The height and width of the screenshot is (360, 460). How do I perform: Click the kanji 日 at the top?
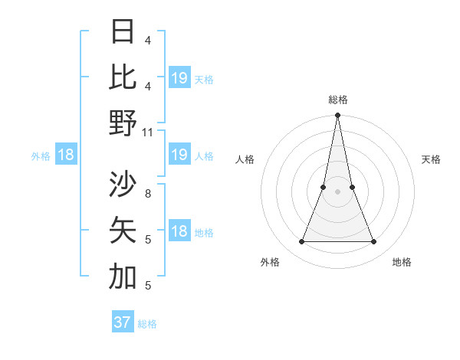[x=123, y=31]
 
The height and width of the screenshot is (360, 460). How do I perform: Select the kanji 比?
[x=123, y=77]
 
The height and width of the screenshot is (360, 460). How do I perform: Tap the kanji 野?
[x=123, y=122]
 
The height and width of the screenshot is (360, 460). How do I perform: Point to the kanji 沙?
[x=123, y=185]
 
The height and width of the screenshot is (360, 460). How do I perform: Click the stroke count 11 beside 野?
[x=148, y=132]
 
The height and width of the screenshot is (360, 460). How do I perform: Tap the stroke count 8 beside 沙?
[x=148, y=194]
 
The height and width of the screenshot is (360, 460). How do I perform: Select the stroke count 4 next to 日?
[x=148, y=41]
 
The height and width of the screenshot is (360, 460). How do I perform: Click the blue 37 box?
[x=123, y=322]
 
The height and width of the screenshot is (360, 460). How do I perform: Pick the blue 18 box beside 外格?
[x=65, y=155]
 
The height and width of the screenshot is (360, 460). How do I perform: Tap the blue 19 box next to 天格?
[x=179, y=77]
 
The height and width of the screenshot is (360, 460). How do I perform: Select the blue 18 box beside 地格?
[x=179, y=231]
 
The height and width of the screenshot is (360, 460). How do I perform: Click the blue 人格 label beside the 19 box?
[x=204, y=156]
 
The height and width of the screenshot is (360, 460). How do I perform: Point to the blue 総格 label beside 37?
[x=147, y=323]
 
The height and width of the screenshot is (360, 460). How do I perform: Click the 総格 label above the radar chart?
[x=337, y=100]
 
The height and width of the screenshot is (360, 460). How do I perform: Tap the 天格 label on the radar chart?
[x=432, y=159]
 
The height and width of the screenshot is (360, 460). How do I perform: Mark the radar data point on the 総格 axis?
[x=337, y=116]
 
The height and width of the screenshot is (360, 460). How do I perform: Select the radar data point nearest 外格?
[x=301, y=241]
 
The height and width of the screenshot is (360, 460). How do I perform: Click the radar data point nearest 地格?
[x=374, y=241]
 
